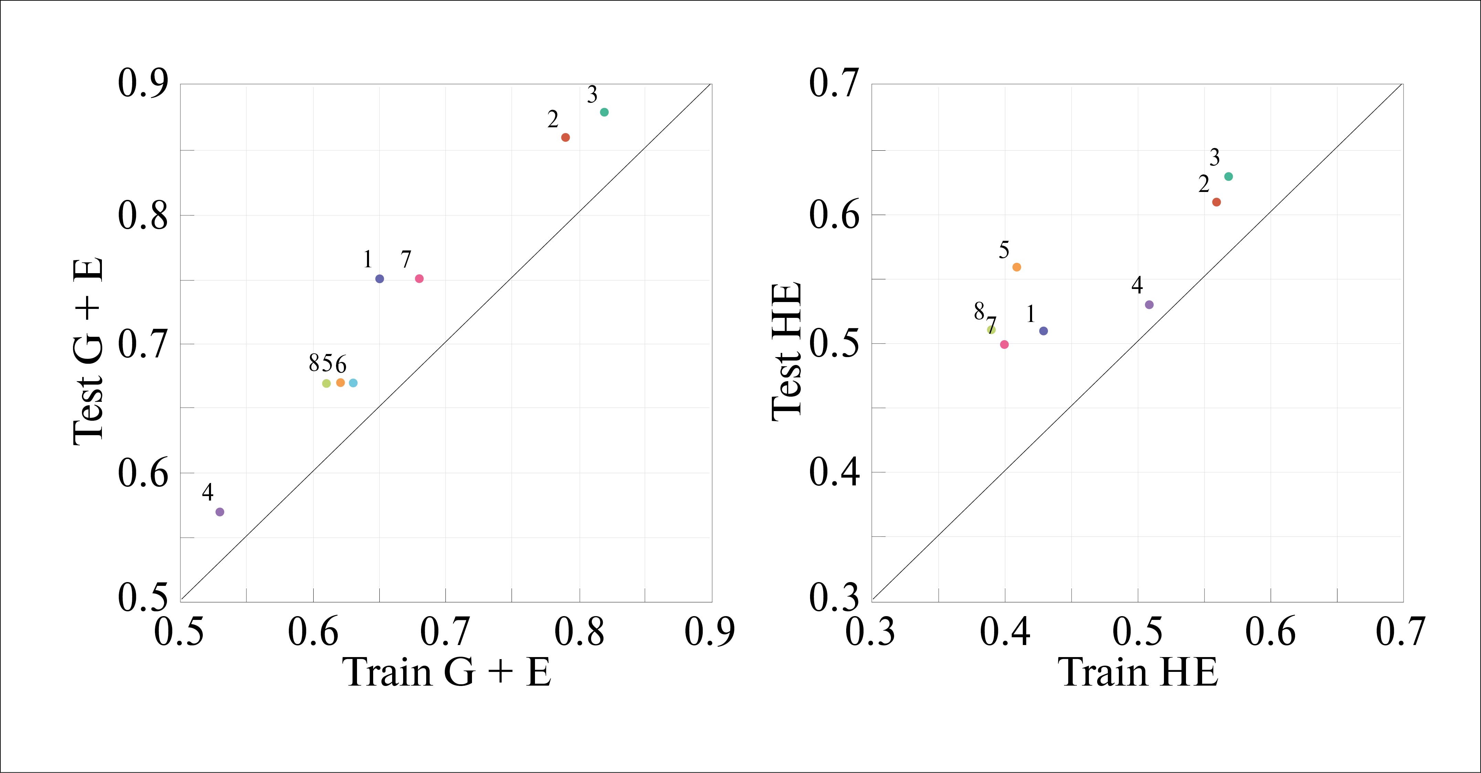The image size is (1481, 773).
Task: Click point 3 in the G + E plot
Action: pos(604,112)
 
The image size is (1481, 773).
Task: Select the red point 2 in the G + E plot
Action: pos(565,137)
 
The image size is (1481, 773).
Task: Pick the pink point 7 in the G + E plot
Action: pos(419,279)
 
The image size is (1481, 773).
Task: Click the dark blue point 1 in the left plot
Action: pos(379,279)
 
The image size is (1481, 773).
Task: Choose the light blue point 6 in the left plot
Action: pos(353,383)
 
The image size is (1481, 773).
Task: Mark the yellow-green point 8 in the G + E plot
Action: pos(327,383)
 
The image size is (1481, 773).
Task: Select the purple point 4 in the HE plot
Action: pos(1149,304)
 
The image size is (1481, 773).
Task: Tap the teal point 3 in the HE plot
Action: pos(1229,176)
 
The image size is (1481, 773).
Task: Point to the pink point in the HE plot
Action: pos(1005,345)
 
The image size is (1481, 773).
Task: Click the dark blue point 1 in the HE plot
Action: pos(1043,331)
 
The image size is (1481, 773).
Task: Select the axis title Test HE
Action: pos(787,352)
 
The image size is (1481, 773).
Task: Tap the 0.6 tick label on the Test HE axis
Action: pos(834,215)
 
